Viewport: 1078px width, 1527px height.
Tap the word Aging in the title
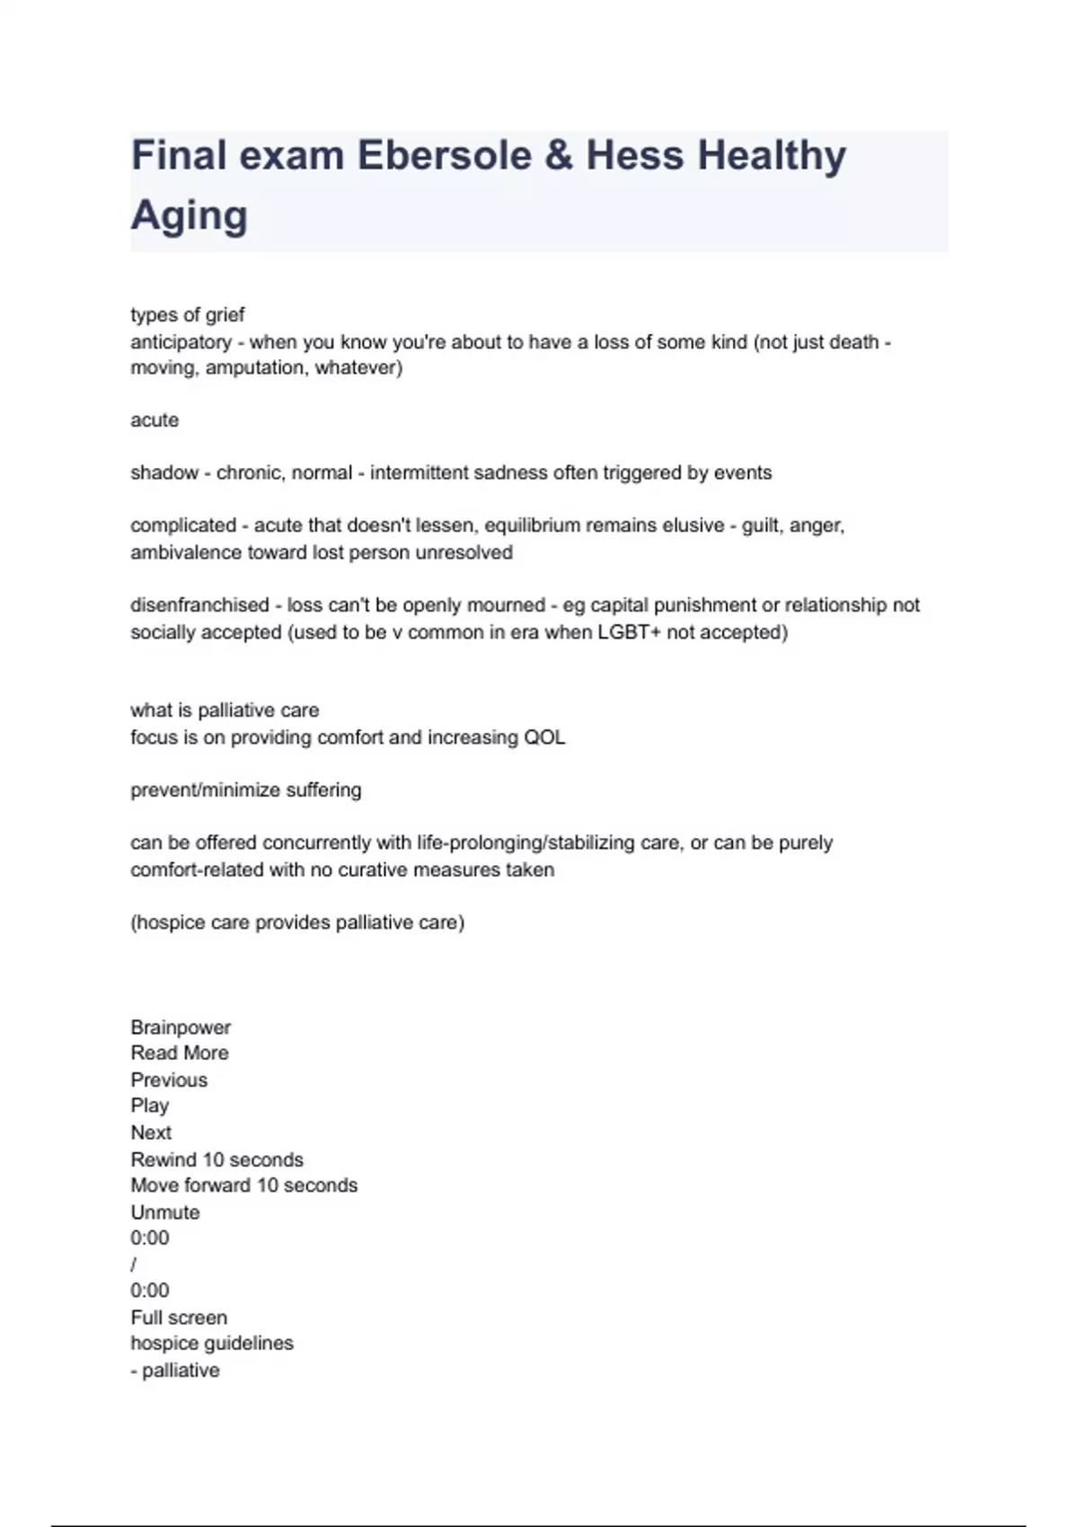pos(189,216)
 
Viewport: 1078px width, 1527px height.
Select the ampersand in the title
pos(558,155)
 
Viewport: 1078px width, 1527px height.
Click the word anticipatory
pos(181,342)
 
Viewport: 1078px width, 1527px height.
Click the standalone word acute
pos(155,420)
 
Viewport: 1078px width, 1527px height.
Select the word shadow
pos(164,473)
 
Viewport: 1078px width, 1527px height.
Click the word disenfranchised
pos(199,605)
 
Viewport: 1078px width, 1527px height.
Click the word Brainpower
pos(181,1028)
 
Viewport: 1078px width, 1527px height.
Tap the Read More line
pos(180,1053)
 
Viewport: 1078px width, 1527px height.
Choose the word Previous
pos(169,1080)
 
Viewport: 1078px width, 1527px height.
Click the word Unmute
pos(165,1213)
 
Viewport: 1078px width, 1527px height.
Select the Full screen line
pos(179,1318)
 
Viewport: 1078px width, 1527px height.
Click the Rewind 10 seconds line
pos(216,1160)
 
